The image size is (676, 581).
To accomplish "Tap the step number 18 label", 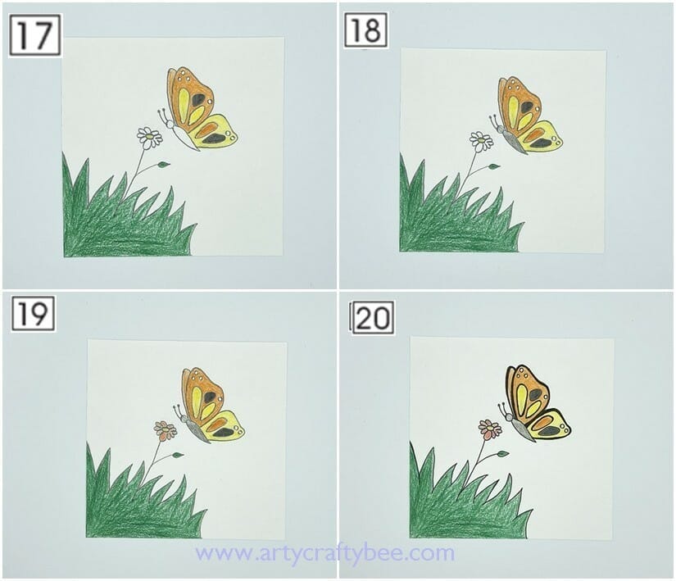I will pyautogui.click(x=365, y=30).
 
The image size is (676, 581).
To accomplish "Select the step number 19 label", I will pyautogui.click(x=33, y=313).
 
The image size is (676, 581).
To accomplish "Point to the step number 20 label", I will pyautogui.click(x=373, y=317).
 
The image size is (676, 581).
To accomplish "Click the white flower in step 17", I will pyautogui.click(x=149, y=137).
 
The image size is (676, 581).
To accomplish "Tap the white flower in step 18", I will pyautogui.click(x=481, y=141).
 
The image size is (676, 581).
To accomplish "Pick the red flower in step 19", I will pyautogui.click(x=166, y=430).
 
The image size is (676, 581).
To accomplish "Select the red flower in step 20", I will pyautogui.click(x=490, y=429).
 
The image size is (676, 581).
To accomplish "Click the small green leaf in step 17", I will pyautogui.click(x=163, y=165).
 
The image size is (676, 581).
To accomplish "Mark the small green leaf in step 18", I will pyautogui.click(x=493, y=166).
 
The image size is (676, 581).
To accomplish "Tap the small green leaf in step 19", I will pyautogui.click(x=178, y=455).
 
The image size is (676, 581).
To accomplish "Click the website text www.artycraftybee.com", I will pyautogui.click(x=324, y=553).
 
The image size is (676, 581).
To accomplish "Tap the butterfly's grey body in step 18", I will pyautogui.click(x=515, y=142).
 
